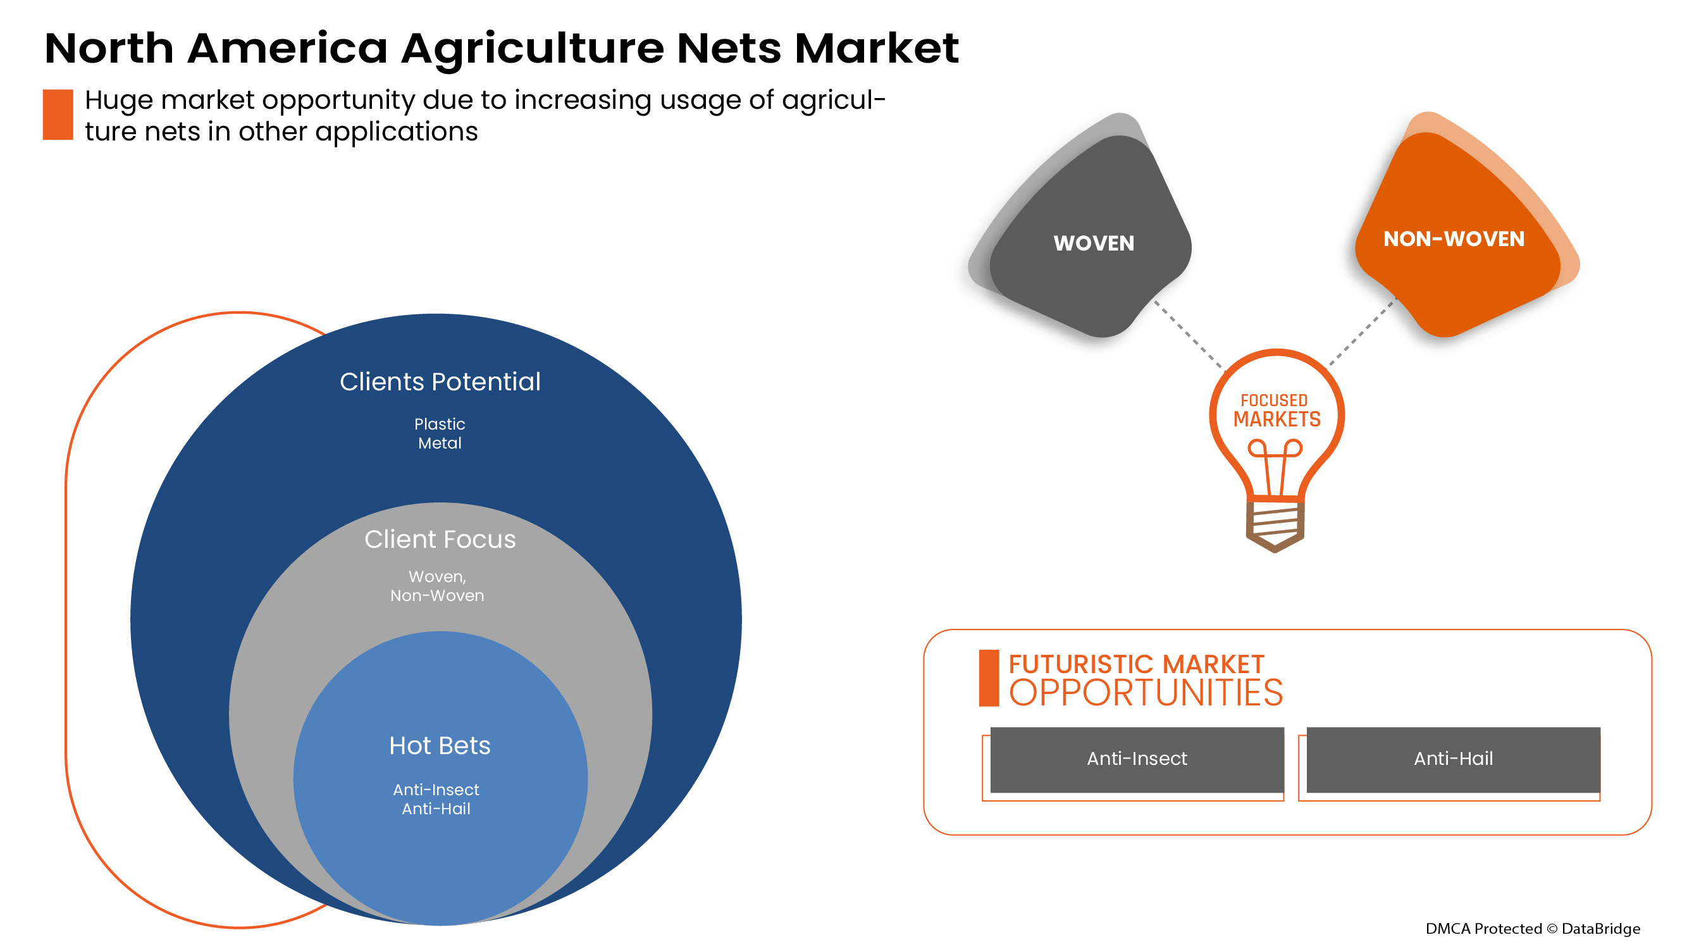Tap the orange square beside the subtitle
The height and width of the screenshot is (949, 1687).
[x=58, y=115]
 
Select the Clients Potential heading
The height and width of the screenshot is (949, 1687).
[x=440, y=382]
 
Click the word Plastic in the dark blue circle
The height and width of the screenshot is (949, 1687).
[x=440, y=424]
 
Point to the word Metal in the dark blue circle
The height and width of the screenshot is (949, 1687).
[x=440, y=443]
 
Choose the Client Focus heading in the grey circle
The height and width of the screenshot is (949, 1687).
[x=440, y=539]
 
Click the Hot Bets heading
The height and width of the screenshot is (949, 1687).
[x=440, y=745]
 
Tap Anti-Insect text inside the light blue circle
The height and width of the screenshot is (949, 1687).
[x=436, y=790]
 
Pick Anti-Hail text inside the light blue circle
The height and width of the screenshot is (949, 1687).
[x=436, y=809]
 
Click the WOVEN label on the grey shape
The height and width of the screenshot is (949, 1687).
[x=1094, y=244]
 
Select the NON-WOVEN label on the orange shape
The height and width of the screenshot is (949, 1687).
[x=1453, y=239]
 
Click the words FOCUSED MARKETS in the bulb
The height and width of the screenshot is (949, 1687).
[x=1276, y=411]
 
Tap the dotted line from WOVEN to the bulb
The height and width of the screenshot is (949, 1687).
[x=1188, y=334]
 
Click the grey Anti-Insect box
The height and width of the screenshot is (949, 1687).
[x=1136, y=759]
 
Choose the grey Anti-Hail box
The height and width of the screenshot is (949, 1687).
[x=1452, y=759]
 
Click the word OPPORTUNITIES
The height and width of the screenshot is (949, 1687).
[x=1146, y=693]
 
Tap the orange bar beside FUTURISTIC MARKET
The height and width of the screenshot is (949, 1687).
[x=988, y=678]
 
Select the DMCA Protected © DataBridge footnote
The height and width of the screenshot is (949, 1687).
[x=1533, y=929]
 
